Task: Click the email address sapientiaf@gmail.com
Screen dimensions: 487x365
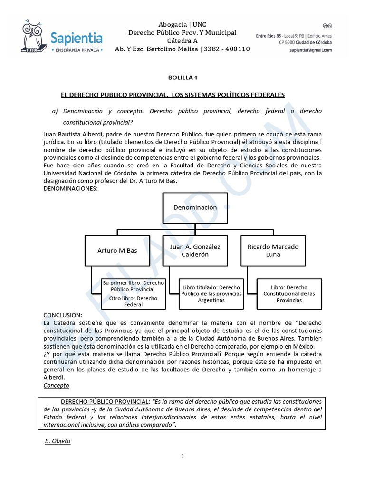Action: (310, 50)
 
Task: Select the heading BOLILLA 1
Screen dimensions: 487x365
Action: (182, 78)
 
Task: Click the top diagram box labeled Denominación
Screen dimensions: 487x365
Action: (195, 207)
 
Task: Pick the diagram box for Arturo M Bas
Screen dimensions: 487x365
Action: (117, 250)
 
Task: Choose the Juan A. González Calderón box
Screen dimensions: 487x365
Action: (195, 250)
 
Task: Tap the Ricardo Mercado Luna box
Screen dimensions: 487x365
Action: (273, 250)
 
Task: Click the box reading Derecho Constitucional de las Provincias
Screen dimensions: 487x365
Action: (289, 294)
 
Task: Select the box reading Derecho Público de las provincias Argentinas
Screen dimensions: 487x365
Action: (211, 294)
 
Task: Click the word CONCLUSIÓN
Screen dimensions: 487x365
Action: (63, 315)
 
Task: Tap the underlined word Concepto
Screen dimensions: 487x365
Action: (56, 385)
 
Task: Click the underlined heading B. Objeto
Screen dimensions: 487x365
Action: (58, 441)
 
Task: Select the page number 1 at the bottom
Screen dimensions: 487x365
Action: (182, 456)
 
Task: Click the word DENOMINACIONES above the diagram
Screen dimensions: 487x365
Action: (70, 189)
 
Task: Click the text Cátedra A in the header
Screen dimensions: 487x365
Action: (182, 41)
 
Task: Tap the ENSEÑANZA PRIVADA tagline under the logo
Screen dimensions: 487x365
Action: (62, 49)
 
